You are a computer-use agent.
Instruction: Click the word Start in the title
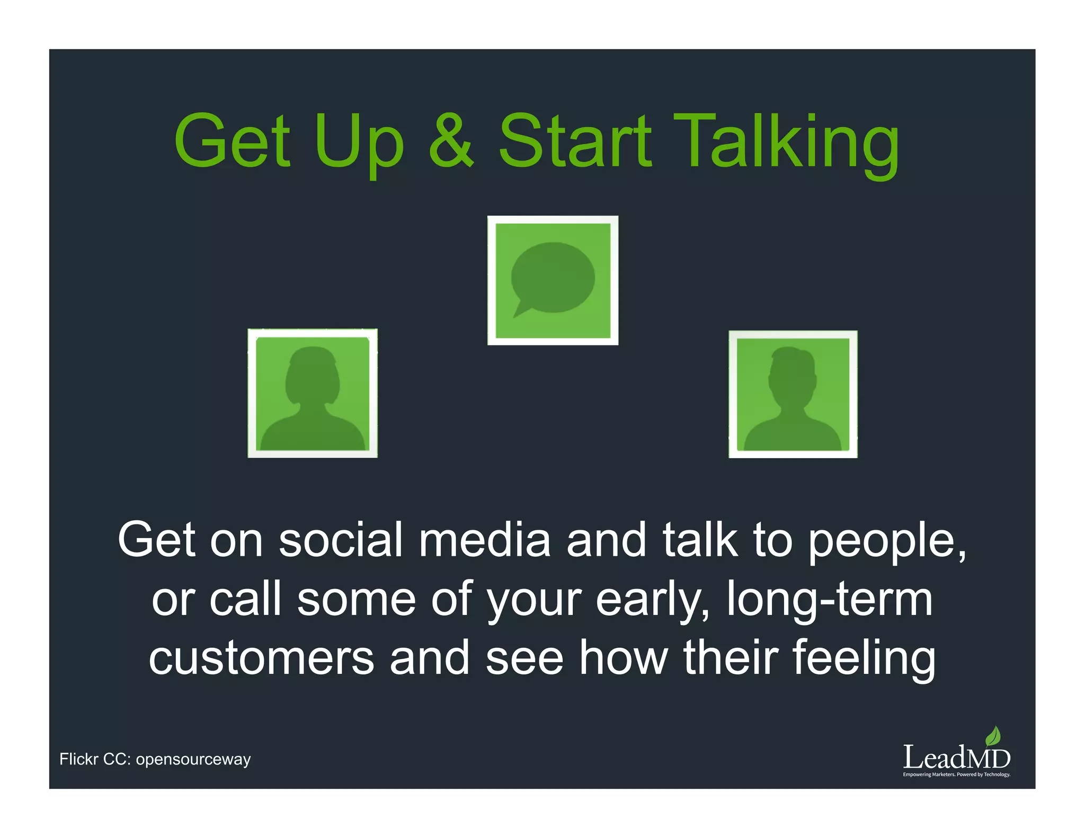(575, 141)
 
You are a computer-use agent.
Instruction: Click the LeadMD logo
(956, 757)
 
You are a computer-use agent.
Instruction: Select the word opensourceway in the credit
(193, 760)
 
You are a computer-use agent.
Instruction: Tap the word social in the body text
(341, 540)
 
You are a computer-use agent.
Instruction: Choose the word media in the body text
(484, 540)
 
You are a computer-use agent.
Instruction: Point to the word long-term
(829, 599)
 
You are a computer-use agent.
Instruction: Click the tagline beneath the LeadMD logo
(956, 774)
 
